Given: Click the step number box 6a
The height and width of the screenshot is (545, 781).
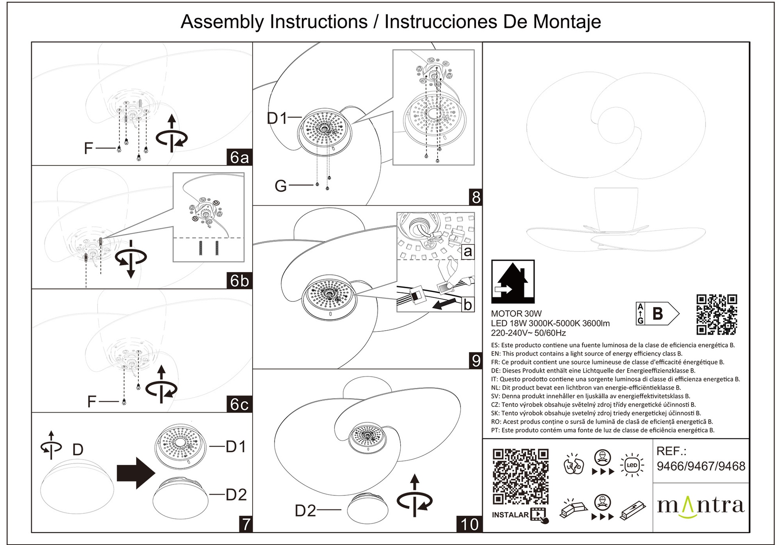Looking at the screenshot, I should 239,157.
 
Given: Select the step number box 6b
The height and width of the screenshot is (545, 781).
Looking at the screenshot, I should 239,281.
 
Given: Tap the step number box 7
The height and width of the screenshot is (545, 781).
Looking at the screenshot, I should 246,524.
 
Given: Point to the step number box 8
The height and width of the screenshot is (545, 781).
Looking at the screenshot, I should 476,197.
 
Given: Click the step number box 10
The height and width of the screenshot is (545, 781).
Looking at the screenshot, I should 469,524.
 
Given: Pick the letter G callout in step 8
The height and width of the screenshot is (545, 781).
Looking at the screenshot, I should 281,186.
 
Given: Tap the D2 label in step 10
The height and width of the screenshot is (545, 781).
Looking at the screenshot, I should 305,511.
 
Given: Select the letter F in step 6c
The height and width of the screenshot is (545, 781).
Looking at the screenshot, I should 92,402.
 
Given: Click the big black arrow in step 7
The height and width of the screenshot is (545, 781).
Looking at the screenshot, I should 136,473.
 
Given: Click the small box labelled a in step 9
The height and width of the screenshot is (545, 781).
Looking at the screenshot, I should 468,252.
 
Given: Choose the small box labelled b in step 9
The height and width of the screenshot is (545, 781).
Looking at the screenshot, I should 468,305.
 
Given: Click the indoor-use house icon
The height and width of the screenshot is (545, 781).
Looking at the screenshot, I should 513,281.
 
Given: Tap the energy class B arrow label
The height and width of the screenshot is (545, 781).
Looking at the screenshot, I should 657,314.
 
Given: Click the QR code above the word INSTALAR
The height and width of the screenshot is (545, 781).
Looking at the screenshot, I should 520,477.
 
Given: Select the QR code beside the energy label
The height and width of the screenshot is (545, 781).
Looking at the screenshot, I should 716,314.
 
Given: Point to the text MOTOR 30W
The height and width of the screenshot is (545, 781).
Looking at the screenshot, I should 516,314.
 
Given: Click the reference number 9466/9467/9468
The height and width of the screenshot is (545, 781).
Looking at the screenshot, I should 701,466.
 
